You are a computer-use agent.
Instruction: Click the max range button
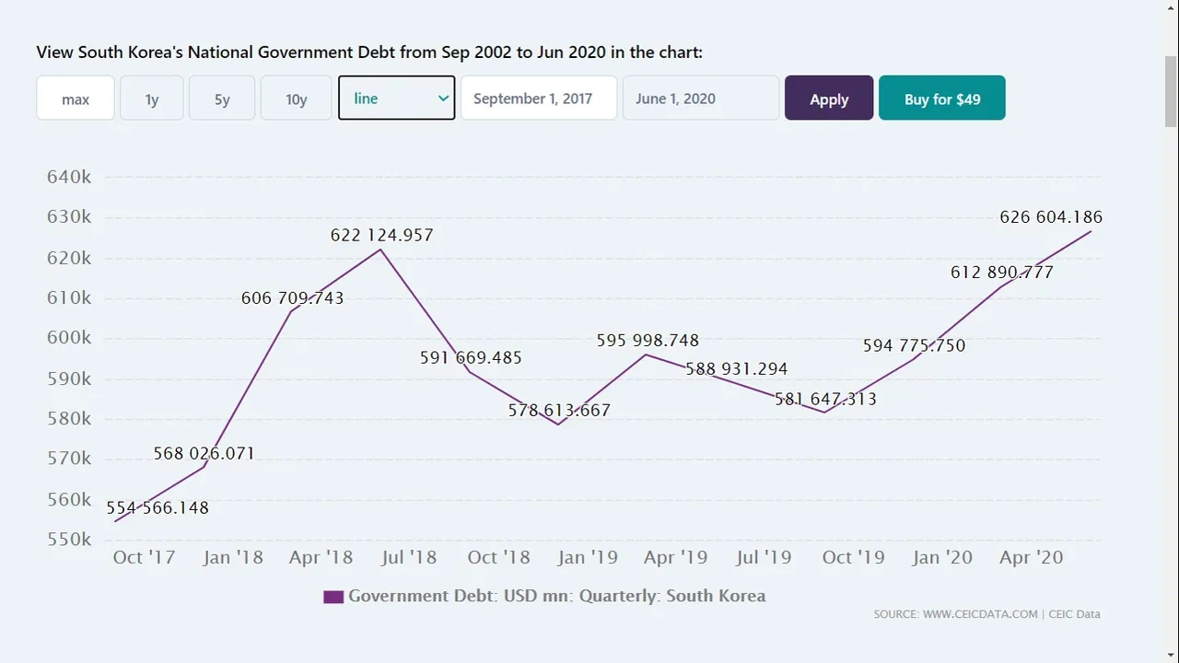[x=76, y=99]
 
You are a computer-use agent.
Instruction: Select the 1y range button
[x=152, y=99]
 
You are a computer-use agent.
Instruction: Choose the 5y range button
[x=222, y=99]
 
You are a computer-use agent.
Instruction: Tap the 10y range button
[x=297, y=99]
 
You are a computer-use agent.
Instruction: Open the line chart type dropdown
[x=396, y=99]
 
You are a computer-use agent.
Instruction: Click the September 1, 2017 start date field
[x=538, y=99]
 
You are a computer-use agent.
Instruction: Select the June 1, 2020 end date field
[x=700, y=99]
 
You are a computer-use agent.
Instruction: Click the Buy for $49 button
[x=941, y=99]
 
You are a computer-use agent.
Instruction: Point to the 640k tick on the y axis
[x=69, y=177]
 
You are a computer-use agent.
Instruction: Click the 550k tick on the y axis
[x=69, y=540]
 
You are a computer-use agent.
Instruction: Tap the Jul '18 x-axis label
[x=409, y=557]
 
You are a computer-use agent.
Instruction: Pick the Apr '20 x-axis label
[x=1032, y=557]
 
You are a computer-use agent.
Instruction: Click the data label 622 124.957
[x=381, y=236]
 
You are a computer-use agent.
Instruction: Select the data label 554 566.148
[x=158, y=508]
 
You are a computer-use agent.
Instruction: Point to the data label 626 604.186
[x=1051, y=217]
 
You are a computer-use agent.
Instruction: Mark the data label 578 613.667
[x=559, y=411]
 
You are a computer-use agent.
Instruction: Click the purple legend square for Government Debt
[x=333, y=597]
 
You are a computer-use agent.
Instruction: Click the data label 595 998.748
[x=648, y=341]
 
